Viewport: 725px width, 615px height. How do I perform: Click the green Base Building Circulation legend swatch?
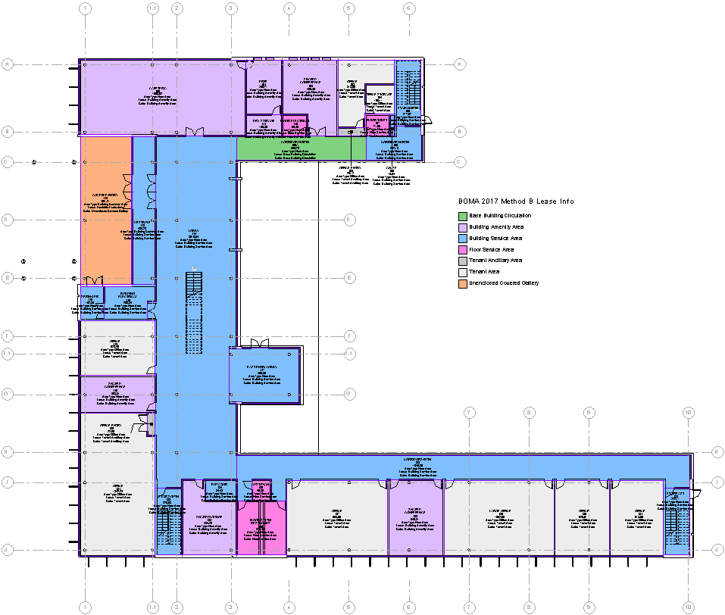pyautogui.click(x=463, y=216)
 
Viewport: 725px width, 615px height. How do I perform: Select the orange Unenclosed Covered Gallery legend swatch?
pyautogui.click(x=463, y=283)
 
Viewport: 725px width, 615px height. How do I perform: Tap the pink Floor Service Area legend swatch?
pyautogui.click(x=463, y=249)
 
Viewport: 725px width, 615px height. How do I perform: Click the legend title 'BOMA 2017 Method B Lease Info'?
pyautogui.click(x=515, y=201)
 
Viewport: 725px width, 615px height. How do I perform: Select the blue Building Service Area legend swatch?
pyautogui.click(x=463, y=238)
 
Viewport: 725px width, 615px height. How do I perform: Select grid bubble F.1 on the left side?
pyautogui.click(x=9, y=353)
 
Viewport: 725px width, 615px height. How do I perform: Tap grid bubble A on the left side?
pyautogui.click(x=9, y=64)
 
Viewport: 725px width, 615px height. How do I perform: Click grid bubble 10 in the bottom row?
pyautogui.click(x=688, y=607)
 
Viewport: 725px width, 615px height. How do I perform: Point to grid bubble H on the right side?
pyautogui.click(x=716, y=452)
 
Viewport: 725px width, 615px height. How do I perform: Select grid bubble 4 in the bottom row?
pyautogui.click(x=289, y=607)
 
